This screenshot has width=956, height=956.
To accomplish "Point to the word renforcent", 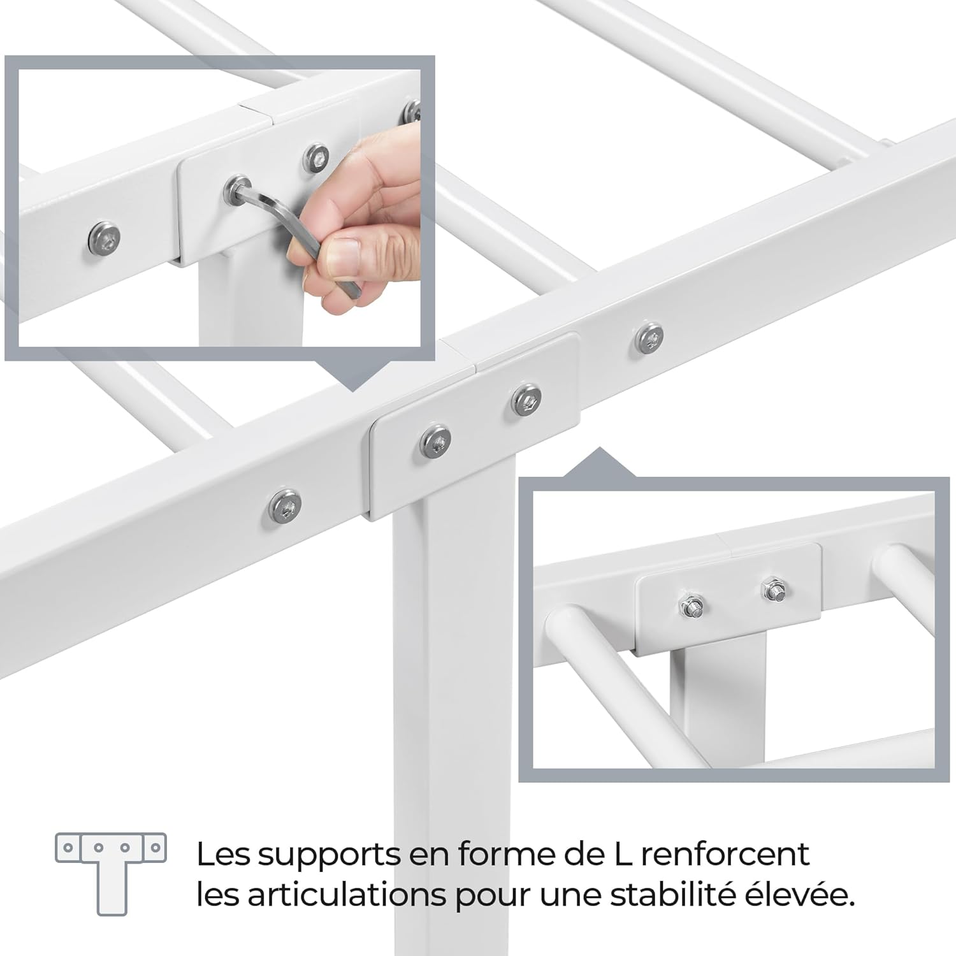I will [725, 854].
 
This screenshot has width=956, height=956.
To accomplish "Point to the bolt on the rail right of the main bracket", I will [649, 337].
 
